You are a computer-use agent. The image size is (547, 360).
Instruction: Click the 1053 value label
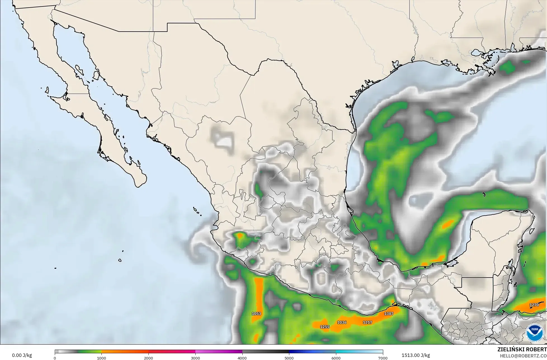(256, 314)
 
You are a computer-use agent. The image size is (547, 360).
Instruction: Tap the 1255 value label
(325, 327)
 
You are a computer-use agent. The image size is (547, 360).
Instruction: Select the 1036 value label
(342, 322)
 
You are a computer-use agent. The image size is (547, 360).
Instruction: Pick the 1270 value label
(534, 305)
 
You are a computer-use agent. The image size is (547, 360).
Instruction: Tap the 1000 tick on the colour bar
(101, 358)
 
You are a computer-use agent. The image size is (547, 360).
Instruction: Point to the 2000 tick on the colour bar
(148, 358)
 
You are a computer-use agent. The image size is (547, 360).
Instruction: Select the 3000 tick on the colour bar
(195, 358)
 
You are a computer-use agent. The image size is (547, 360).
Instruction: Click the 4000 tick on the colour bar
(242, 358)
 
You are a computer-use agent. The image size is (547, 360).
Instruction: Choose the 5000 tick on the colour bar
(289, 358)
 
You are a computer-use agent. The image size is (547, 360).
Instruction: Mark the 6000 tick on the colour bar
(336, 358)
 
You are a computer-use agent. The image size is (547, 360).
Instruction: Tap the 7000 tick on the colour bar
(383, 358)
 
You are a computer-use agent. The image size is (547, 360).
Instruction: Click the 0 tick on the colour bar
(55, 358)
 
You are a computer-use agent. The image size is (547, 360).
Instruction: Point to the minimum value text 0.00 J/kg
(22, 355)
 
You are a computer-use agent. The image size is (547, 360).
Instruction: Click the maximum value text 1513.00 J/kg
(416, 355)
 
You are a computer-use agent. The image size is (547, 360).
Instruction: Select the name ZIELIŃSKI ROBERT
(522, 349)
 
